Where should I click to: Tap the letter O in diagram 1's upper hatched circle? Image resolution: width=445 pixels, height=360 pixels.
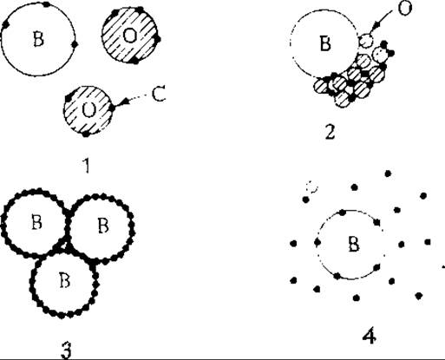coord(130,36)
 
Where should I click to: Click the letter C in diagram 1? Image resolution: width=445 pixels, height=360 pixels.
coord(159,94)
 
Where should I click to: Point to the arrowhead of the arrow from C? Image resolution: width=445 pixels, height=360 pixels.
coord(123,102)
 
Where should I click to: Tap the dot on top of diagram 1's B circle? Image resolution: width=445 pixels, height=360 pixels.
coord(46,4)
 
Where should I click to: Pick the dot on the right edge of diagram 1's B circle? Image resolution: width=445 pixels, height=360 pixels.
coord(75,44)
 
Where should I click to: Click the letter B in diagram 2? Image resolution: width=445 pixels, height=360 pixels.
coord(325,43)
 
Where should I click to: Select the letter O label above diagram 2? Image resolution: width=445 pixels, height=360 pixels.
coord(405,9)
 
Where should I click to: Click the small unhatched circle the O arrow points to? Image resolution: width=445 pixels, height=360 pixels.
coord(366,41)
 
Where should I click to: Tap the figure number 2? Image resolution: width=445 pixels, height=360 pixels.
coord(330,133)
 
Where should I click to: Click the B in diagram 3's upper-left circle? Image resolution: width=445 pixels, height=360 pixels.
coord(36,222)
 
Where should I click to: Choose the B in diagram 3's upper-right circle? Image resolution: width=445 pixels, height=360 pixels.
coord(103,226)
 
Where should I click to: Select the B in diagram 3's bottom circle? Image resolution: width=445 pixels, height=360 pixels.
coord(64,279)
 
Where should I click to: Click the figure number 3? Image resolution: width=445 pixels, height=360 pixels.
coord(66,350)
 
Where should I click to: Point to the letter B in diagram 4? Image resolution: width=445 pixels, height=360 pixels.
coord(354,244)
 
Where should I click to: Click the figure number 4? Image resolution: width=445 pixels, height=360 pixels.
coord(370,337)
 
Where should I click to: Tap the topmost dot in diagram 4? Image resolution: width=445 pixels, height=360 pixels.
coord(388,173)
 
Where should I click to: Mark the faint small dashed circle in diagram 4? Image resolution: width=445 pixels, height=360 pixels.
coord(311,187)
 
